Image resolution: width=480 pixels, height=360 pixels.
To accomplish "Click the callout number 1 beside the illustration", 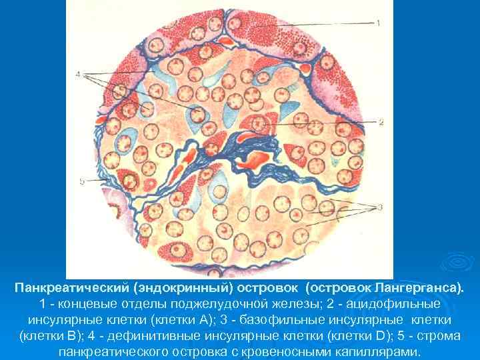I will (378, 23).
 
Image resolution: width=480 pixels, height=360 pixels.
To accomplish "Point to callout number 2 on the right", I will (381, 122).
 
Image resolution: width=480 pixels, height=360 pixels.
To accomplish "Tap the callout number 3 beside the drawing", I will (379, 207).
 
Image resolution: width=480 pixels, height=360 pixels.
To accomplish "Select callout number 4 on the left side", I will (79, 74).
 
